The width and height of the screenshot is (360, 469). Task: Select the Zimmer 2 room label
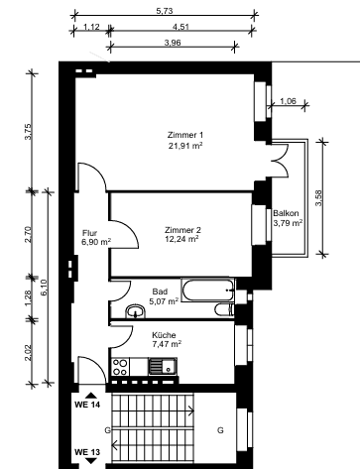pyautogui.click(x=183, y=229)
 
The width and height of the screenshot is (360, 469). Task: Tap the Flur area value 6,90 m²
pyautogui.click(x=95, y=242)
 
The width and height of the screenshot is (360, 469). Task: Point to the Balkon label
pyautogui.click(x=288, y=213)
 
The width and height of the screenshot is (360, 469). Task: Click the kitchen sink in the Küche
pyautogui.click(x=161, y=368)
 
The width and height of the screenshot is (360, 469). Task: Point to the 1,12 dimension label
pyautogui.click(x=91, y=27)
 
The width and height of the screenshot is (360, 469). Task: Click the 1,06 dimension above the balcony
pyautogui.click(x=289, y=101)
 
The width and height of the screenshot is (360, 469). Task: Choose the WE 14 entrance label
pyautogui.click(x=87, y=406)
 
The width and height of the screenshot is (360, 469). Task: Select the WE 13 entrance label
pyautogui.click(x=87, y=452)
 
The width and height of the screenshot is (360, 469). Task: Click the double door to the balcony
pyautogui.click(x=282, y=158)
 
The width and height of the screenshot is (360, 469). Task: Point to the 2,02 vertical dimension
pyautogui.click(x=29, y=351)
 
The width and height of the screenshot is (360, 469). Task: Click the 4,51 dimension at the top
pyautogui.click(x=181, y=27)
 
